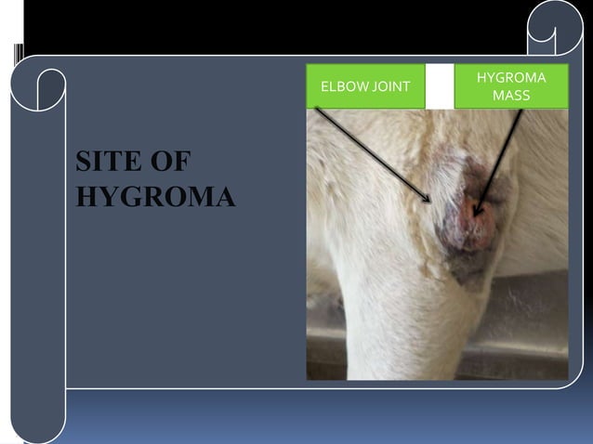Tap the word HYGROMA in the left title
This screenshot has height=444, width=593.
155,197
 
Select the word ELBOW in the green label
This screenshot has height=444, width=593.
340,87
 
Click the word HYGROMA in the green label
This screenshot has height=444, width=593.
510,78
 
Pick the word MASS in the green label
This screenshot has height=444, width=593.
511,96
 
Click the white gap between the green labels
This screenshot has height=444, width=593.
440,86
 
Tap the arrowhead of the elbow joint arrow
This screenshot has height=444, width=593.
429,201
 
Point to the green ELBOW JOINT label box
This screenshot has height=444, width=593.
365,86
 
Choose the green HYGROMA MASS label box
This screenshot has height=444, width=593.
511,86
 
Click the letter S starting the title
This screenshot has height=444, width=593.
85,162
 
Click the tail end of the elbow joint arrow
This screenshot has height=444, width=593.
317,110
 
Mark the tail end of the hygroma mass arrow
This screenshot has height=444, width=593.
521,111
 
